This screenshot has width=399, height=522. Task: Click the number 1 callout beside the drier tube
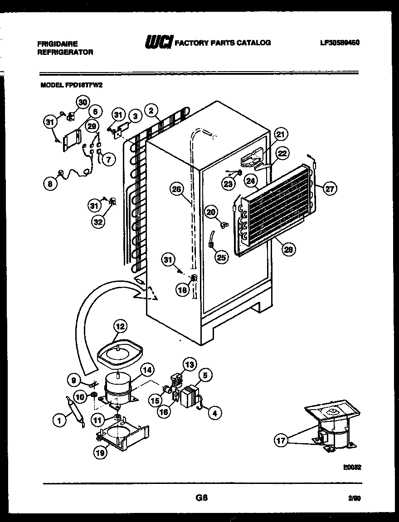pos(58,421)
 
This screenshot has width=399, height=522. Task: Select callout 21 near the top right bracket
pos(281,134)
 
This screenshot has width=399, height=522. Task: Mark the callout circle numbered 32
pos(98,222)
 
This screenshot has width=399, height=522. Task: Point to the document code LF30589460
pos(339,43)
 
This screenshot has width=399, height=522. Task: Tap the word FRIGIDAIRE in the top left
pos(57,43)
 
